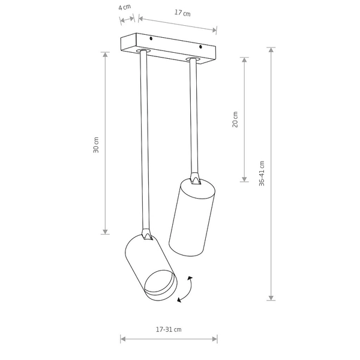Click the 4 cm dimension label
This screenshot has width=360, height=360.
coord(124,8)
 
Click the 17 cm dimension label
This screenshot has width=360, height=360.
coord(182,13)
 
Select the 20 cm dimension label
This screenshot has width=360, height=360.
coord(235,119)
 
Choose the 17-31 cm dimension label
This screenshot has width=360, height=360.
coord(169,329)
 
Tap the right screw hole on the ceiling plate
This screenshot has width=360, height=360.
coord(200,46)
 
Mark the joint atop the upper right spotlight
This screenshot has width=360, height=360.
coord(195,178)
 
